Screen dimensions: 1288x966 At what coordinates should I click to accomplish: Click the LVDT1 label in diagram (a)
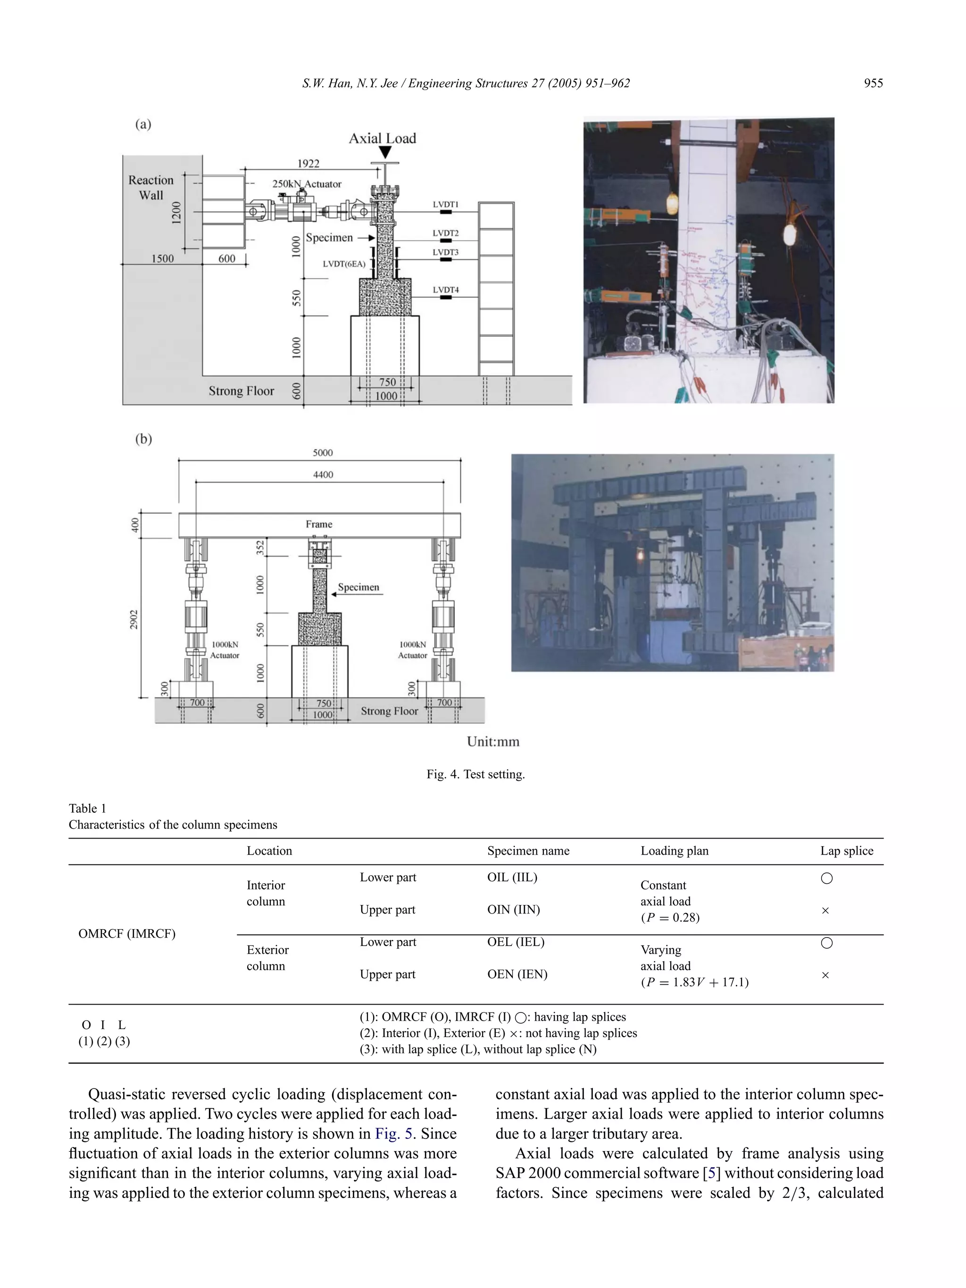coord(445,204)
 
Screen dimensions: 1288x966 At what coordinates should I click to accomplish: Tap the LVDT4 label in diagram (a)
coord(445,290)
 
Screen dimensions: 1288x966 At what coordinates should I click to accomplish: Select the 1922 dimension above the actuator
coord(308,164)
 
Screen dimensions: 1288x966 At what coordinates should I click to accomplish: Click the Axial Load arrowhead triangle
coord(385,152)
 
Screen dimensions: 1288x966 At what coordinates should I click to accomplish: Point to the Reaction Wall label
coord(151,188)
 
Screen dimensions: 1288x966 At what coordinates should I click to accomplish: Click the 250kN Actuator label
coord(307,184)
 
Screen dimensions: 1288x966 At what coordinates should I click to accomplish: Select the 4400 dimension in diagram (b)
coord(323,474)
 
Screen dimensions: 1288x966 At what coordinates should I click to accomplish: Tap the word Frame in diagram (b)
coord(319,524)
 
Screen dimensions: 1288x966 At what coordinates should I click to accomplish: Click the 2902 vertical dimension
coord(134,620)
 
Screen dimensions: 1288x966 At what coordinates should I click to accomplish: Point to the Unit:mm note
coord(492,742)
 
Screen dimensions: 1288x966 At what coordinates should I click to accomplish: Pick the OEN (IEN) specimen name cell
coord(517,974)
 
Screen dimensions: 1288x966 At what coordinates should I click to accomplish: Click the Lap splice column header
coord(847,851)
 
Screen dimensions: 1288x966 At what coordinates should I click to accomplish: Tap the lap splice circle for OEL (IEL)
coord(826,943)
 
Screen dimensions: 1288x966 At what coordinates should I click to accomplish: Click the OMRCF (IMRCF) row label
coord(127,933)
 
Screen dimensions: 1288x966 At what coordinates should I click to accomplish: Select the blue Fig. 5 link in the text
coord(394,1134)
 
